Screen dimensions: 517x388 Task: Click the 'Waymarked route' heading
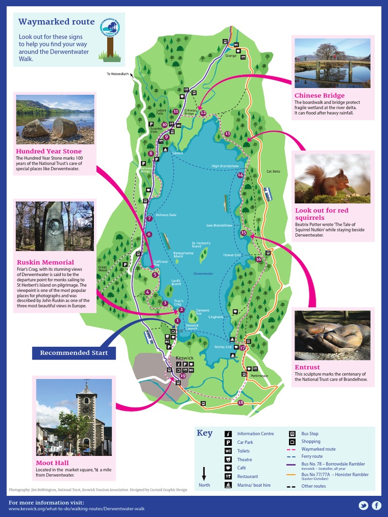pos(56,22)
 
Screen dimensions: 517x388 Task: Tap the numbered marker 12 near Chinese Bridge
pos(203,113)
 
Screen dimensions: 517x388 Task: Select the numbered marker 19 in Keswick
pos(182,376)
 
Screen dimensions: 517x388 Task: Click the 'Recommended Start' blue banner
pos(74,352)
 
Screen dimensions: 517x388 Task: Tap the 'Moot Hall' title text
pos(52,462)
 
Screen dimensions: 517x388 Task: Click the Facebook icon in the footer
pos(376,505)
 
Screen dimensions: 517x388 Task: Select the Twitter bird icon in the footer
pos(363,505)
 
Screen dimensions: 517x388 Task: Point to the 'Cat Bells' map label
pos(273,172)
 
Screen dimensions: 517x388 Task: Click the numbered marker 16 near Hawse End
pos(259,259)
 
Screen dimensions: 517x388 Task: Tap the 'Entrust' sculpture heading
pos(307,367)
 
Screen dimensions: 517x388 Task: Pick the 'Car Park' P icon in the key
pos(228,442)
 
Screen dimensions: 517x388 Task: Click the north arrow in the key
pos(204,473)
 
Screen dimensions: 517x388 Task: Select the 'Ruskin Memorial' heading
pos(45,262)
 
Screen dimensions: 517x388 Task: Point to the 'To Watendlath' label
pos(118,74)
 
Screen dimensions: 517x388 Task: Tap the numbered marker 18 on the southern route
pos(240,402)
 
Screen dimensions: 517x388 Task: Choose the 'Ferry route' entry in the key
pos(312,456)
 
